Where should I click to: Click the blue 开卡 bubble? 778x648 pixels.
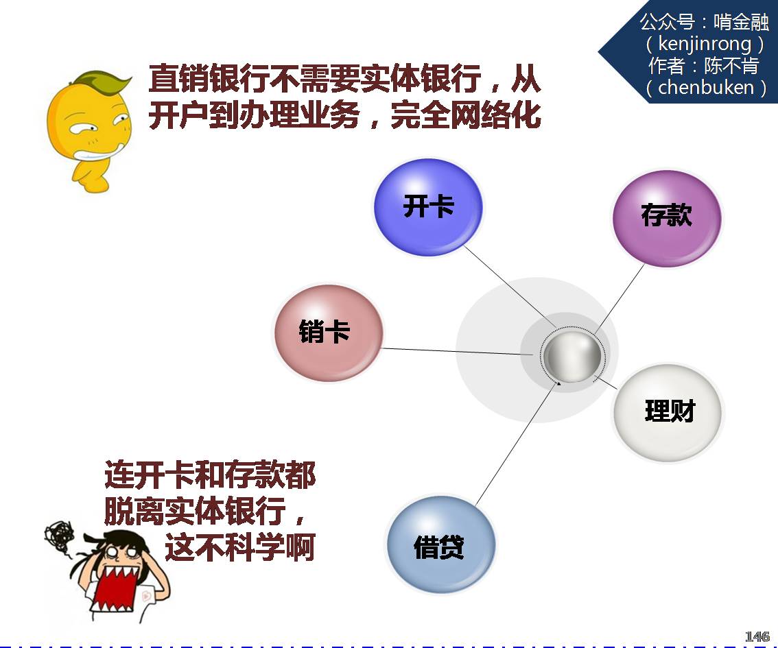click(427, 207)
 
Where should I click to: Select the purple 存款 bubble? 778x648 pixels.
click(667, 217)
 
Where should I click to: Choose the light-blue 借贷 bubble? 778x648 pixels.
click(440, 544)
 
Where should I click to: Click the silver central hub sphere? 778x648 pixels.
click(572, 357)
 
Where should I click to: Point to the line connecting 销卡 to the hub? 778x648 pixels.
click(457, 352)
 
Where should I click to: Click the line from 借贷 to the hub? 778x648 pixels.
click(517, 444)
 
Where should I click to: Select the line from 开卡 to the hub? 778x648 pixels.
click(510, 287)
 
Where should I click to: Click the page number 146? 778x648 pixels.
click(757, 636)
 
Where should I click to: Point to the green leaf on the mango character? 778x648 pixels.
click(104, 80)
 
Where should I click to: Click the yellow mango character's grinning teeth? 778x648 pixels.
click(96, 153)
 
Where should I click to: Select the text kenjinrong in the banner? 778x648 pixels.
click(705, 44)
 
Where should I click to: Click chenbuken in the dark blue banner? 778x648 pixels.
click(705, 87)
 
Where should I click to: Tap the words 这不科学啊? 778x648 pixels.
click(240, 547)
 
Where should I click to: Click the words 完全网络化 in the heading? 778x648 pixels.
click(465, 115)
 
